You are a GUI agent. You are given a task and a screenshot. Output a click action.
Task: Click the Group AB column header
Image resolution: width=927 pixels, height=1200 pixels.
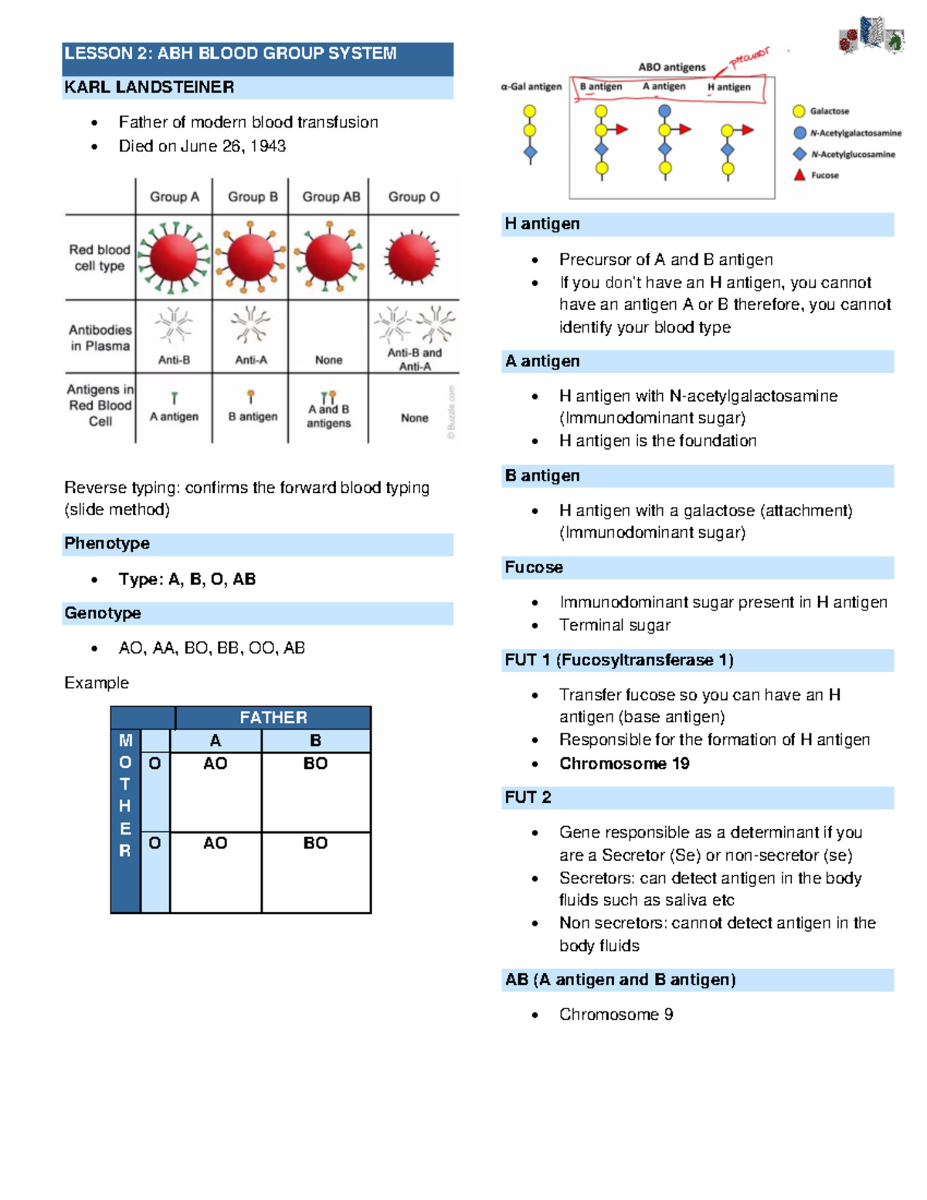(331, 197)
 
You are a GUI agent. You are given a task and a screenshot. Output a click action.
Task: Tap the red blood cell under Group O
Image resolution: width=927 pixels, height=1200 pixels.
(413, 257)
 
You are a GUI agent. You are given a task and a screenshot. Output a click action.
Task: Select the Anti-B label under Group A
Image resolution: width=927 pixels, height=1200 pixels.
(174, 360)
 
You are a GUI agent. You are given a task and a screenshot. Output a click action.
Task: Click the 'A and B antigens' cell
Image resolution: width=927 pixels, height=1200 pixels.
(328, 416)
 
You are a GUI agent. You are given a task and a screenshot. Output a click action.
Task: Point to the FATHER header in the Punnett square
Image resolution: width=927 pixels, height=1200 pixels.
(273, 717)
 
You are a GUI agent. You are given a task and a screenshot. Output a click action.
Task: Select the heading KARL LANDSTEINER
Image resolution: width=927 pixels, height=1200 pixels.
(149, 87)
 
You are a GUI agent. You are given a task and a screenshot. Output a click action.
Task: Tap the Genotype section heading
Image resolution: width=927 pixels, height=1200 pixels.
(103, 613)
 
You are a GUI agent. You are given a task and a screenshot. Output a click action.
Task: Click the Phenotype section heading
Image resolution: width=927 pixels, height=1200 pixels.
(107, 543)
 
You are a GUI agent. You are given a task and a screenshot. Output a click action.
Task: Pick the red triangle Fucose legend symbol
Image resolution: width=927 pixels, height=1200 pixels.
(800, 175)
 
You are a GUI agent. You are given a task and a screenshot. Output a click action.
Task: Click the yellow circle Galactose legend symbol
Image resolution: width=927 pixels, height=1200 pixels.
(800, 111)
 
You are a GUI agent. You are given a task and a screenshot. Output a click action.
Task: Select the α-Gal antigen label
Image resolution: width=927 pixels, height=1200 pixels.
(531, 87)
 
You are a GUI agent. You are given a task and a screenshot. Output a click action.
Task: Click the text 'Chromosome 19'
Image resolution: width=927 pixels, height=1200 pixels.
(624, 763)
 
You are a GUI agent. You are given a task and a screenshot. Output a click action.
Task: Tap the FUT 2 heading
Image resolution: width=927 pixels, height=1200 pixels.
(528, 797)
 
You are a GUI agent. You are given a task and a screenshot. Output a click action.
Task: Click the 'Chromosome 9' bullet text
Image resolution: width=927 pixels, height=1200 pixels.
(616, 1014)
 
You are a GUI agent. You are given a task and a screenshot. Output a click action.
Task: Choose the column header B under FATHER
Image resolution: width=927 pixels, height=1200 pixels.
(315, 740)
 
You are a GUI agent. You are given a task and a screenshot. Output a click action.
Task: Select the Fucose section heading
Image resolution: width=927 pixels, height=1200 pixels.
(534, 567)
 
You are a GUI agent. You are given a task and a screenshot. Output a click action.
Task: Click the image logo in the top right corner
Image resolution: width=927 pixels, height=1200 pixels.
(871, 36)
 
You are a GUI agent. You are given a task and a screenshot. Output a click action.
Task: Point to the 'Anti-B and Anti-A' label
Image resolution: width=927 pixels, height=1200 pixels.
(415, 359)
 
